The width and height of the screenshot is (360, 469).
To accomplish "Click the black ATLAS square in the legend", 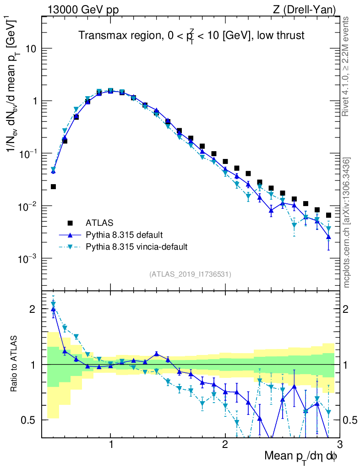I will (70, 223).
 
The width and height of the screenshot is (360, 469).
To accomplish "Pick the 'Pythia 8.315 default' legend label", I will (124, 235).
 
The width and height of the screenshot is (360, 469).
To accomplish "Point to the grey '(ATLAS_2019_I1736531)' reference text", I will (190, 274).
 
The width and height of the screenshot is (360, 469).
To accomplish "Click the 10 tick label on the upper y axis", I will (30, 49).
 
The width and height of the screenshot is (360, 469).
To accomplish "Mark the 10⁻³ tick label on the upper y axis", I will (27, 259).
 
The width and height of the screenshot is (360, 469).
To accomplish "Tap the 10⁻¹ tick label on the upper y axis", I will (27, 153).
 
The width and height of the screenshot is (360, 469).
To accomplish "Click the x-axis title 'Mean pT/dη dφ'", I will (301, 457).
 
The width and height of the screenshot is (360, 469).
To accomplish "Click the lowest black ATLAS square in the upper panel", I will (53, 187).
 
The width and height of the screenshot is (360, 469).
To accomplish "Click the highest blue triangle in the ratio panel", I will (53, 309).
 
